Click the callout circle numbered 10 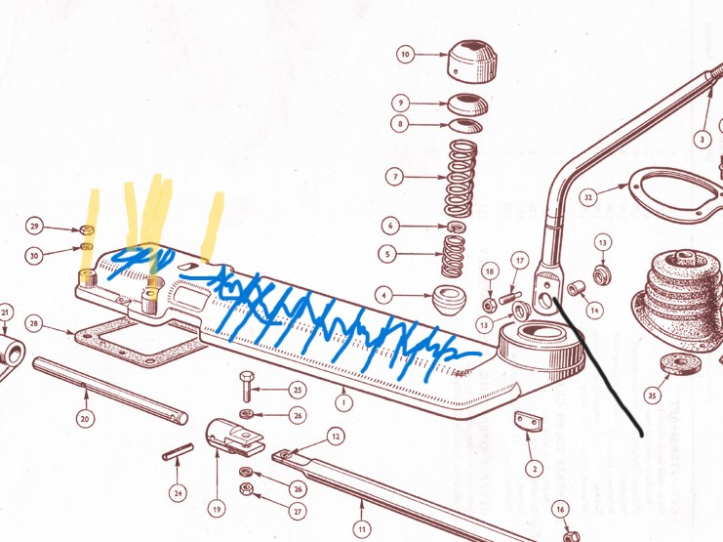(405, 55)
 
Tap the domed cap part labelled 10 (472, 62)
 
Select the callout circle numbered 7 (395, 177)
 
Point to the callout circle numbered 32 (588, 198)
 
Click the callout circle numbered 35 (652, 396)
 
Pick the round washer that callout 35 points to (680, 364)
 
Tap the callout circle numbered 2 (535, 470)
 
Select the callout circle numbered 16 (560, 510)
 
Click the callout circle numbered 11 (362, 529)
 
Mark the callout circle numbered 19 (217, 510)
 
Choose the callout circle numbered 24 (178, 493)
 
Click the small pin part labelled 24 (178, 452)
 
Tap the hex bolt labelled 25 (247, 386)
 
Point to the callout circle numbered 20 (85, 419)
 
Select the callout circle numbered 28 (33, 323)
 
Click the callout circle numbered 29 (34, 227)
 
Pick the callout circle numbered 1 (343, 402)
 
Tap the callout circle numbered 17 (520, 262)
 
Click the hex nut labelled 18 (490, 305)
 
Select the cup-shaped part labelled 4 (449, 300)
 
